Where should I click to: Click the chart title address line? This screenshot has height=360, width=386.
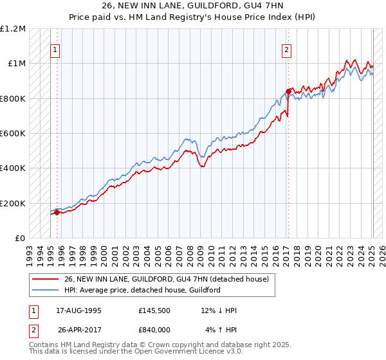click(192, 5)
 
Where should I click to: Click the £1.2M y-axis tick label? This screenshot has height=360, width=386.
click(13, 29)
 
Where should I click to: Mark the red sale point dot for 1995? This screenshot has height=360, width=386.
click(57, 213)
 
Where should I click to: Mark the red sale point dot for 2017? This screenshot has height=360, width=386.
click(288, 91)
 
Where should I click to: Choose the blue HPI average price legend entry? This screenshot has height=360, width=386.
click(142, 290)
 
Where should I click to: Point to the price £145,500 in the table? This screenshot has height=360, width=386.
click(153, 311)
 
